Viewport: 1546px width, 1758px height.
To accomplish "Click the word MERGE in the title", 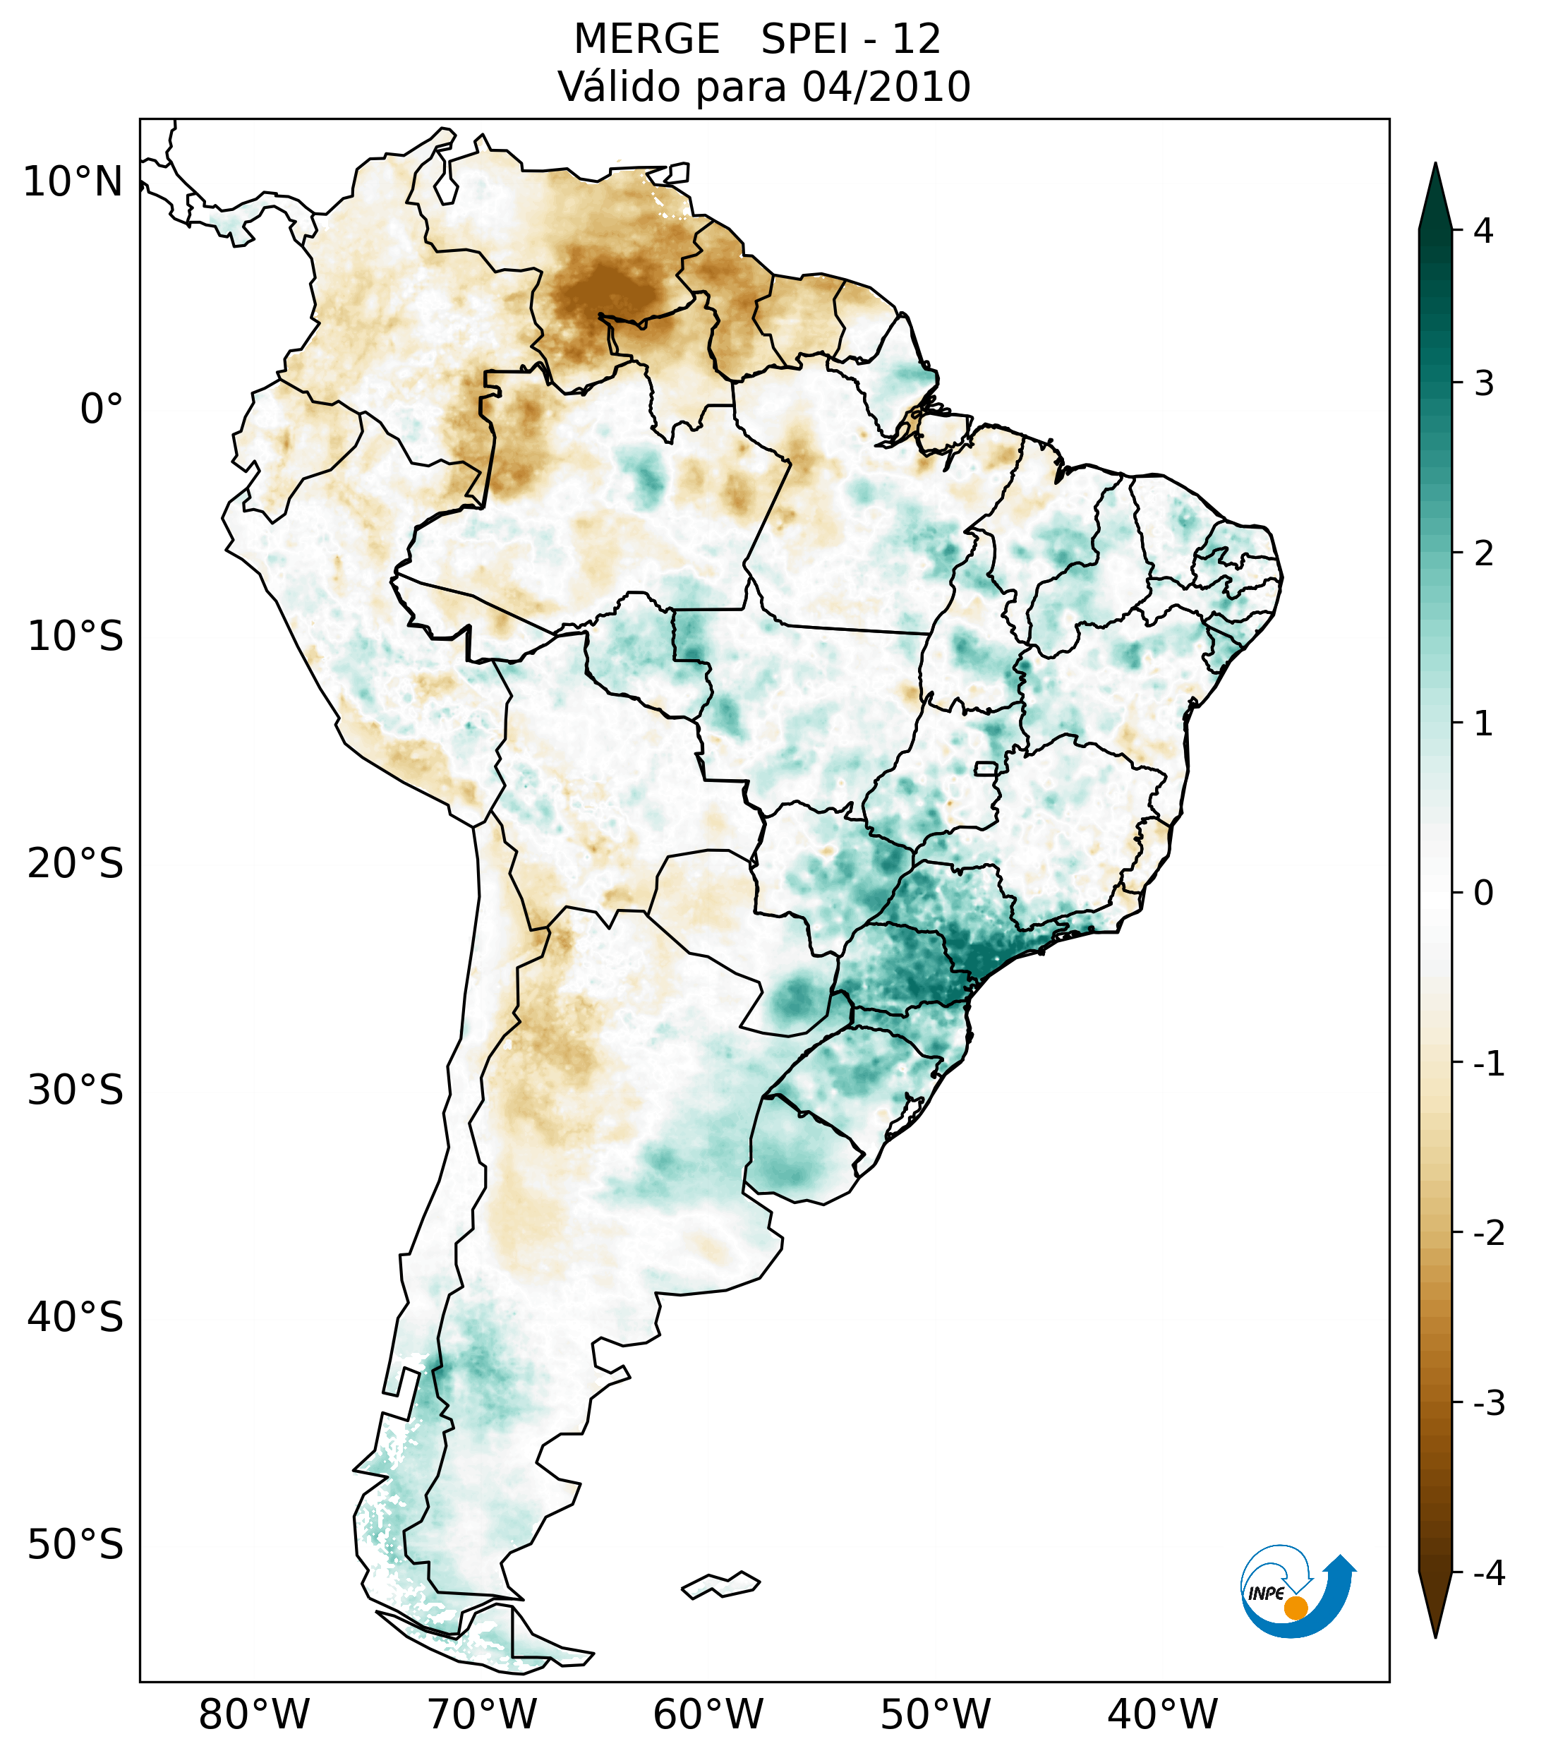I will pos(646,40).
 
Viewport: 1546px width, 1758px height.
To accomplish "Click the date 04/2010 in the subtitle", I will pos(886,87).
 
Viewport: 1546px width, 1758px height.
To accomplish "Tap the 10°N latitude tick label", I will pos(73,182).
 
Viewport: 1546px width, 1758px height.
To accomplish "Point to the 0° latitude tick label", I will pos(102,409).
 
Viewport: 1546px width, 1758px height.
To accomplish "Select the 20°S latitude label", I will pos(76,864).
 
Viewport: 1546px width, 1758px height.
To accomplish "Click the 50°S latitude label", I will pos(76,1546).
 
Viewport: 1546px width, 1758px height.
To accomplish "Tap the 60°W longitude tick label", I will pos(708,1714).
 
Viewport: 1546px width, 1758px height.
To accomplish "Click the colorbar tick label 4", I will pos(1483,231).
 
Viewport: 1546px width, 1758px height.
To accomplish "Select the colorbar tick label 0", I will pos(1483,893).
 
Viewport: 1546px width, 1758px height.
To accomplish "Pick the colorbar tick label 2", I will pos(1483,554).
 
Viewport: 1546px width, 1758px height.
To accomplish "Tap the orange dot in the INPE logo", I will pos(1296,1608).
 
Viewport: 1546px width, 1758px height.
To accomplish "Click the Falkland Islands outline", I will pos(720,1584).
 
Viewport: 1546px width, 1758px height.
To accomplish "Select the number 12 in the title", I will pos(916,40).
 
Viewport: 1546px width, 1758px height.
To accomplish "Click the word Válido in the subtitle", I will pos(619,87).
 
